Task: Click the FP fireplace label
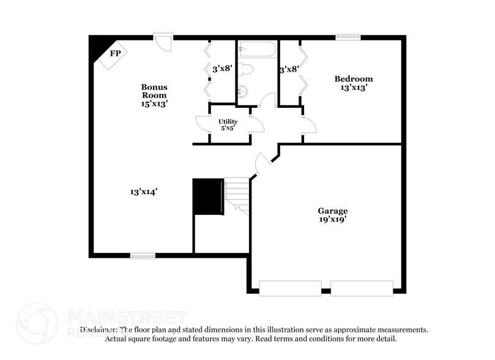115,53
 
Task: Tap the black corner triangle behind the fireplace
97,47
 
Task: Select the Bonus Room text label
154,91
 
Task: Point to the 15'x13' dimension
154,103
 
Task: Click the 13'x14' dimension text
144,192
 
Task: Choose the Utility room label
228,122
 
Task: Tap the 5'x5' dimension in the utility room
228,129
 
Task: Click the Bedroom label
353,79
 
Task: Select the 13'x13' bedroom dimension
353,88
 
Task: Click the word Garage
332,211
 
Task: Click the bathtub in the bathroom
257,48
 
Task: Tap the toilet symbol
247,69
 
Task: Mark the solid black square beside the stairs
208,197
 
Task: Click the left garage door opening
290,288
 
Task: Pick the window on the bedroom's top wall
346,37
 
